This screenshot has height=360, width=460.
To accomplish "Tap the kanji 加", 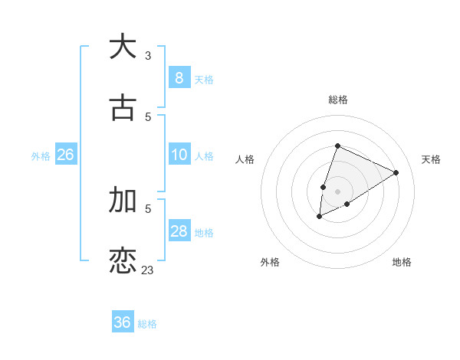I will [x=123, y=199].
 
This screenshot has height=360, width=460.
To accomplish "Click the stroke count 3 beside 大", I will [x=148, y=55].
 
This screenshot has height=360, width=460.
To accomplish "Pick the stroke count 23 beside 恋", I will [x=147, y=270].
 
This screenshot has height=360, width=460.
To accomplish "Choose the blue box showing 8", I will [x=179, y=78].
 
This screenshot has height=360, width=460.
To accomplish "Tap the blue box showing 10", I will [x=179, y=155].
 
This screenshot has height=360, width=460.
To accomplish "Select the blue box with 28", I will [x=179, y=231].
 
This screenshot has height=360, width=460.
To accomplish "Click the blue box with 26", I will [x=65, y=155].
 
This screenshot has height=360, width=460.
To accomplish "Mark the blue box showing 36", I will [x=123, y=322].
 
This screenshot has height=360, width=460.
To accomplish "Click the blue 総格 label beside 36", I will [x=147, y=324].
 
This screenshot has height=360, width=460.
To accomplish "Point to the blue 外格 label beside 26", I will [x=41, y=155].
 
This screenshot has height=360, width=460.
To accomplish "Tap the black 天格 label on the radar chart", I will [x=431, y=159].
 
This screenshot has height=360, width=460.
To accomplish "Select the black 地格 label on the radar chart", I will [x=402, y=262].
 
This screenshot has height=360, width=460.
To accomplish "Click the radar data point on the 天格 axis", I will [x=396, y=172].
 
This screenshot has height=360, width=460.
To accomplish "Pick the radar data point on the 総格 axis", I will [x=337, y=146].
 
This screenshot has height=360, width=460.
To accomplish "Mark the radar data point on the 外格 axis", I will [x=320, y=217].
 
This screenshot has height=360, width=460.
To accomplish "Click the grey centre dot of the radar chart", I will [x=337, y=191].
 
